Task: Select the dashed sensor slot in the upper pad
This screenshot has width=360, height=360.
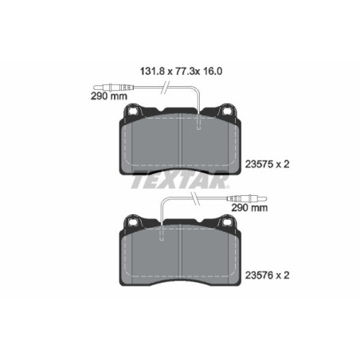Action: click(198, 120)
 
